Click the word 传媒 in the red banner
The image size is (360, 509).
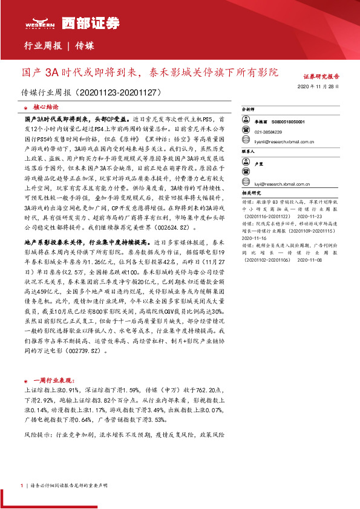(85, 45)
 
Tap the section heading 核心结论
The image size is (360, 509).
(46, 105)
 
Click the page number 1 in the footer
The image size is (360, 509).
(22, 485)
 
